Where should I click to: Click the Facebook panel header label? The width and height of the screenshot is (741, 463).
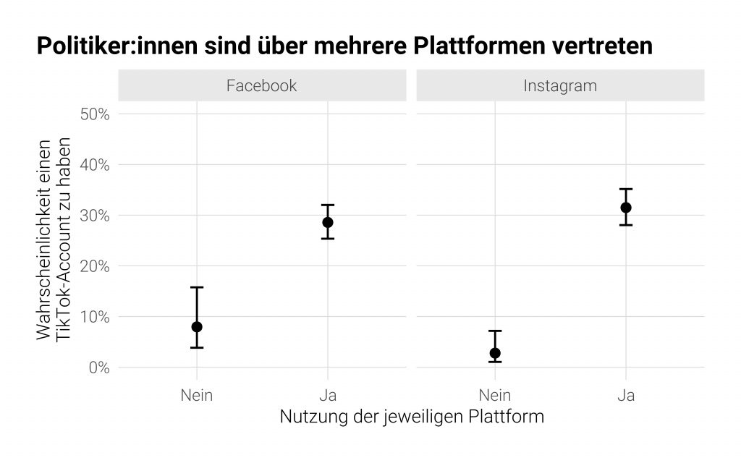[x=261, y=85]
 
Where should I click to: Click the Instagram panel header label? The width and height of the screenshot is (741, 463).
[x=560, y=85]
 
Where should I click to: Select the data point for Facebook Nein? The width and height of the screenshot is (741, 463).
[x=197, y=327]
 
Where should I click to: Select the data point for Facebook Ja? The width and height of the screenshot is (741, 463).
[x=328, y=222]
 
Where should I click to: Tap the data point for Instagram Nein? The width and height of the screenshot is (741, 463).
[x=495, y=353]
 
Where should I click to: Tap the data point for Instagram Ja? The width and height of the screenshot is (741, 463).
[x=626, y=208]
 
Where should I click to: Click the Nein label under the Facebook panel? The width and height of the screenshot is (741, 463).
[x=197, y=395]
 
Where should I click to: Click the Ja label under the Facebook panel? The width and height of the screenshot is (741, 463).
[x=328, y=395]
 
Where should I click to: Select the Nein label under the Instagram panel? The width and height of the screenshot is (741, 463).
[x=495, y=395]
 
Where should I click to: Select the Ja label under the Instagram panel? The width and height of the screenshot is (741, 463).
[x=626, y=395]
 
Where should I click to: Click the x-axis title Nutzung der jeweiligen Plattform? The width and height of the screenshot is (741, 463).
[x=411, y=418]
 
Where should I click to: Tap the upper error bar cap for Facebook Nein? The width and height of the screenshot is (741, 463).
[x=197, y=287]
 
